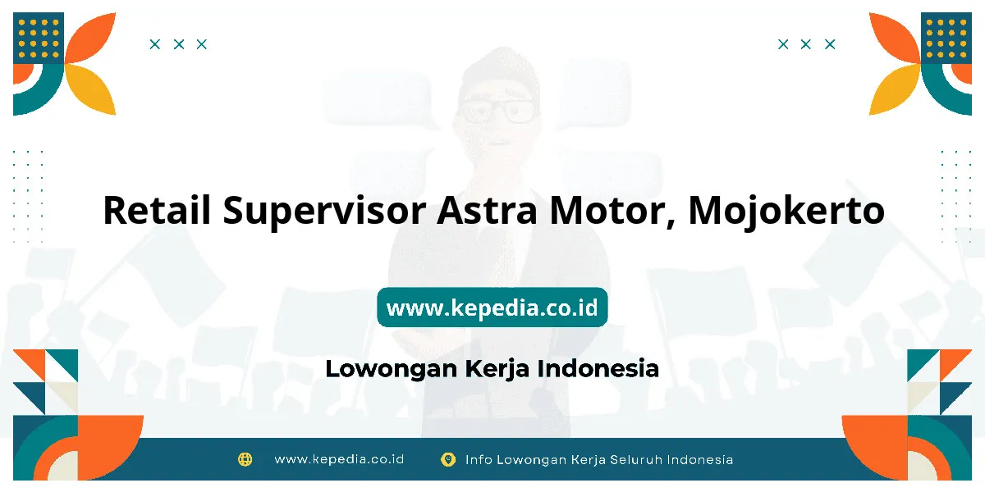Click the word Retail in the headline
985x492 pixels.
point(157,210)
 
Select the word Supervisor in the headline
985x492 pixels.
point(324,212)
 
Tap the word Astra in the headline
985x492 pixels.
point(487,211)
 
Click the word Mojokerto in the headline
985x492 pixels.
point(786,212)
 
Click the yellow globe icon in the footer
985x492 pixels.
point(245,459)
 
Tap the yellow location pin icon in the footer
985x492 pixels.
point(448,459)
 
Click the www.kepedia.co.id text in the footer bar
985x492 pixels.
point(339,459)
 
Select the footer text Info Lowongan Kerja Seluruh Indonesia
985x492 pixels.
point(599,460)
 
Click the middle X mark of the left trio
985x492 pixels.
point(179,44)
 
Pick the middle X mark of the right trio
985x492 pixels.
point(805,44)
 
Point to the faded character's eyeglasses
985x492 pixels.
point(497,111)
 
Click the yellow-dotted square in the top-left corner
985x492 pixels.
point(39,39)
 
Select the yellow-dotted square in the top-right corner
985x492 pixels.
point(946,39)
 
